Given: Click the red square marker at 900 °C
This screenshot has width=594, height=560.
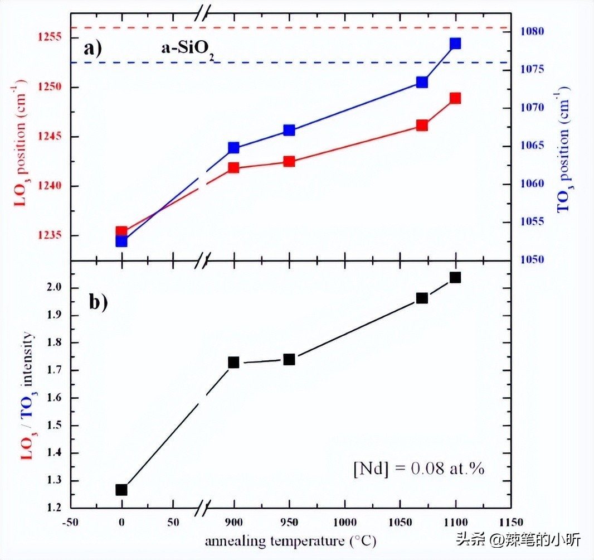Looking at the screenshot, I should click(x=233, y=168).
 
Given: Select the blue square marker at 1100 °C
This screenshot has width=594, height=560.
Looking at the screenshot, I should click(x=455, y=44).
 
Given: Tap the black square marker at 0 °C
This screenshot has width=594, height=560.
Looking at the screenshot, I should click(x=121, y=490).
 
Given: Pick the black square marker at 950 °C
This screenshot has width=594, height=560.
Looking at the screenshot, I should click(x=289, y=359).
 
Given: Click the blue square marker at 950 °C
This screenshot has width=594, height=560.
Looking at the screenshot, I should click(x=289, y=131).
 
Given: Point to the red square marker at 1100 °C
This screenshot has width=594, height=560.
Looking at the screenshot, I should click(x=455, y=98).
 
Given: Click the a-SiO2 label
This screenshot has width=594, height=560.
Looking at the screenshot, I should click(x=184, y=50).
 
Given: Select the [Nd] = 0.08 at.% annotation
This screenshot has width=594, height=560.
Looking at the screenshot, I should click(x=419, y=469).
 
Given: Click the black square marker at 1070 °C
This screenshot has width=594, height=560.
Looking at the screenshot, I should click(x=422, y=298).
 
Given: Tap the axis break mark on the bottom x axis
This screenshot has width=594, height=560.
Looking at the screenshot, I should click(x=204, y=508).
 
